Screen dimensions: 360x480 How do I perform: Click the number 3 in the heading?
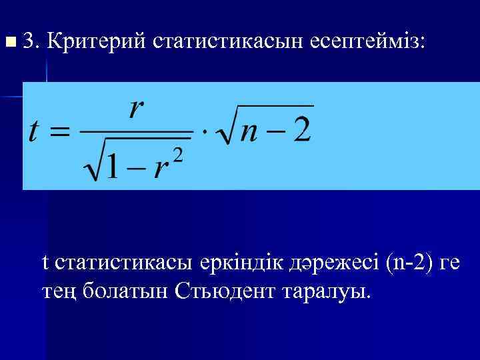click(x=29, y=42)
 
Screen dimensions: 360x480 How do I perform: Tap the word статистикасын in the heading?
click(x=228, y=42)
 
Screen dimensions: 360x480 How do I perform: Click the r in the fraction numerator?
click(x=137, y=108)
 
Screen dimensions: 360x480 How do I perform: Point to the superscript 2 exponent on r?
click(x=177, y=155)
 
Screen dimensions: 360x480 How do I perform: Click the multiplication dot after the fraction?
click(x=205, y=131)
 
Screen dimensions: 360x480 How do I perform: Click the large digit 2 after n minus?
click(x=301, y=129)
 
